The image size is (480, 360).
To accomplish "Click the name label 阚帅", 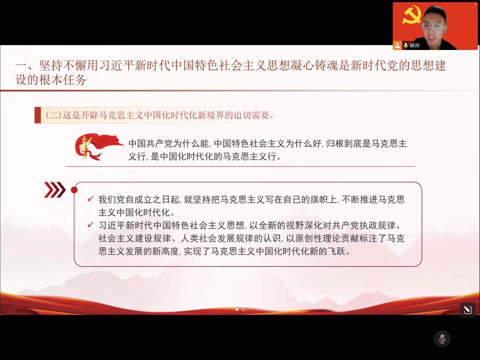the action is tap(415, 46).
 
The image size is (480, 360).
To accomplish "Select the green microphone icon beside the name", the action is tap(406, 46).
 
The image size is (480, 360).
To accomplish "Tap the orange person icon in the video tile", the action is tap(397, 46).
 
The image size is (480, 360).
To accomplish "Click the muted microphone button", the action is tap(442, 339).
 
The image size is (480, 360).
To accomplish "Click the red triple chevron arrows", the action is tap(55, 190).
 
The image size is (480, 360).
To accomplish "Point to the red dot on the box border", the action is tap(74, 190).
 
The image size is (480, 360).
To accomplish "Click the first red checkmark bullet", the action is tap(90, 199).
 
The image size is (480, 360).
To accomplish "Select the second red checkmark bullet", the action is tap(90, 225).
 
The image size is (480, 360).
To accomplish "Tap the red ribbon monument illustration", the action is tap(99, 147).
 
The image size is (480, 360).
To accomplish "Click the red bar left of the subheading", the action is tap(38, 115).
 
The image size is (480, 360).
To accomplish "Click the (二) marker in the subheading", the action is tap(53, 115).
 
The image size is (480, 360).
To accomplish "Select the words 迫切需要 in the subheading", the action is tap(251, 115).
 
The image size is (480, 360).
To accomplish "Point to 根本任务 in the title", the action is tap(63, 79).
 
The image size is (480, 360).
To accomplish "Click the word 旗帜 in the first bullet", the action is tap(319, 199).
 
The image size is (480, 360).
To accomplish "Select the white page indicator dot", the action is tap(237, 309).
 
